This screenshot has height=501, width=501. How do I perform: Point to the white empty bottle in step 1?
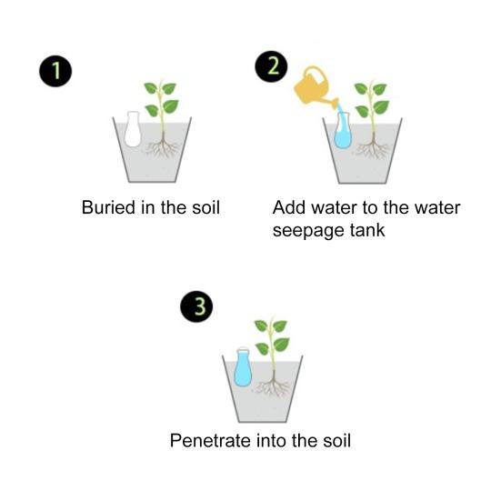(x=133, y=130)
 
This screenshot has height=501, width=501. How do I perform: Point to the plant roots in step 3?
(x=272, y=389)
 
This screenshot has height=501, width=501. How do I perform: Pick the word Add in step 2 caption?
(x=288, y=207)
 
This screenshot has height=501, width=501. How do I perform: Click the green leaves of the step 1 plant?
(x=161, y=97)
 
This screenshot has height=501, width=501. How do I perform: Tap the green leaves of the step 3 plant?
(x=271, y=336)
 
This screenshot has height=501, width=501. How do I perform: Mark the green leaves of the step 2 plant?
(x=371, y=97)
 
